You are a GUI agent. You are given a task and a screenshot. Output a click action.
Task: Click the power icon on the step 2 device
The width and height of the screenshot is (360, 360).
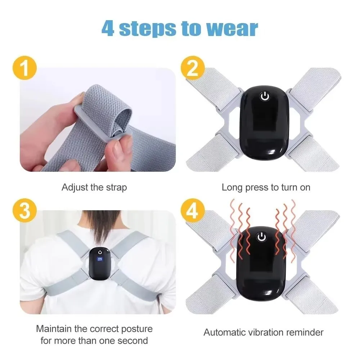point(265,96)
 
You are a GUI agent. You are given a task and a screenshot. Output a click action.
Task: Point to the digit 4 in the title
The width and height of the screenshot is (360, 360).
point(108,29)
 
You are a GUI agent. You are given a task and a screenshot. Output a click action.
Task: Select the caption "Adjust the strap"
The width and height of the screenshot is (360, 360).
point(94,188)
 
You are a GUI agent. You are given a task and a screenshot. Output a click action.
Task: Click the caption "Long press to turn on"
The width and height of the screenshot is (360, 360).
point(266,188)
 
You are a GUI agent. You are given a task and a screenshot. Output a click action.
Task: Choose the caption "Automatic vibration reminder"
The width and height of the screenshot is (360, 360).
point(264,332)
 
